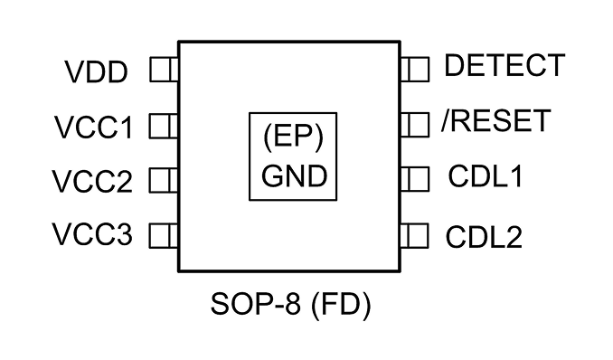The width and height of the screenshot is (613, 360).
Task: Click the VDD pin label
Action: [x=96, y=72]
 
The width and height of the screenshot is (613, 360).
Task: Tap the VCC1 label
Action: [x=94, y=128]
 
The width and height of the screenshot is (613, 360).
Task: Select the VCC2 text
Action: [x=92, y=181]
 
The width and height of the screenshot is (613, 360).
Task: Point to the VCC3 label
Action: [x=92, y=234]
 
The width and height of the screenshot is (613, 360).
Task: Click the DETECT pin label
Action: [x=505, y=65]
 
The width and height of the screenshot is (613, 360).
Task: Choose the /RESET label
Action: [x=496, y=120]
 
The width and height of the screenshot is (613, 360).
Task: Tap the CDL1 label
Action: [x=486, y=176]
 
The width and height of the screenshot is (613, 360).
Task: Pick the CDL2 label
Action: [x=484, y=237]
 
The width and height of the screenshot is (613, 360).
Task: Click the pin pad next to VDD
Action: [x=165, y=70]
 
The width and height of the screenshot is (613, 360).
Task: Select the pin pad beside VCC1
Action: [x=165, y=126]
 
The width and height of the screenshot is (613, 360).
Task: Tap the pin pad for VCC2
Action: [x=165, y=180]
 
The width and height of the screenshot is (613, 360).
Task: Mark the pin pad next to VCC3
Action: [x=165, y=235]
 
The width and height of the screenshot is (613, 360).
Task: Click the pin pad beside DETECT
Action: [x=415, y=70]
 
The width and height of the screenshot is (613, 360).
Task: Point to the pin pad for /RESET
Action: [x=415, y=125]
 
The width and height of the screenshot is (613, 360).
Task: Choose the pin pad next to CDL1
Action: [x=415, y=179]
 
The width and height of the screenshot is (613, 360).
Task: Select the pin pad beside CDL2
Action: [x=415, y=235]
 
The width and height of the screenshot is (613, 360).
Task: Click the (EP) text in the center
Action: [x=293, y=137]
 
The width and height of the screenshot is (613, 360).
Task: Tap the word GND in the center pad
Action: [x=294, y=176]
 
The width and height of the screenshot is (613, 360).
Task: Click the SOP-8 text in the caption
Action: [x=256, y=304]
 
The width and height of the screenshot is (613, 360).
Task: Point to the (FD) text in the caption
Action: [x=341, y=305]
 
